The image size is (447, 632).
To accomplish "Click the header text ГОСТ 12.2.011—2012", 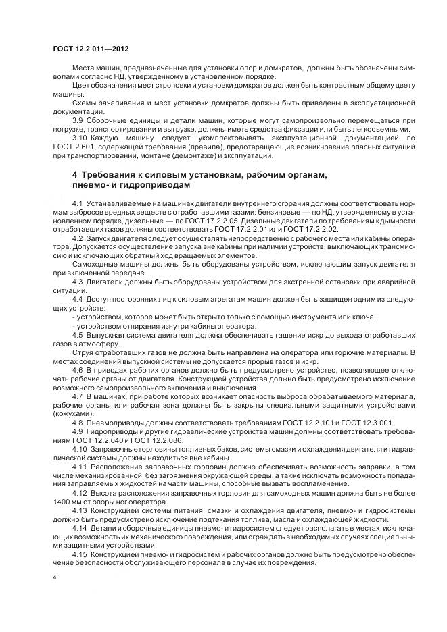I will click(x=91, y=51).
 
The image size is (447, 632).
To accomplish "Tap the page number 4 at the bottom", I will click(x=54, y=577).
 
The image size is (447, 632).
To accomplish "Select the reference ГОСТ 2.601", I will click(x=73, y=147).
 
